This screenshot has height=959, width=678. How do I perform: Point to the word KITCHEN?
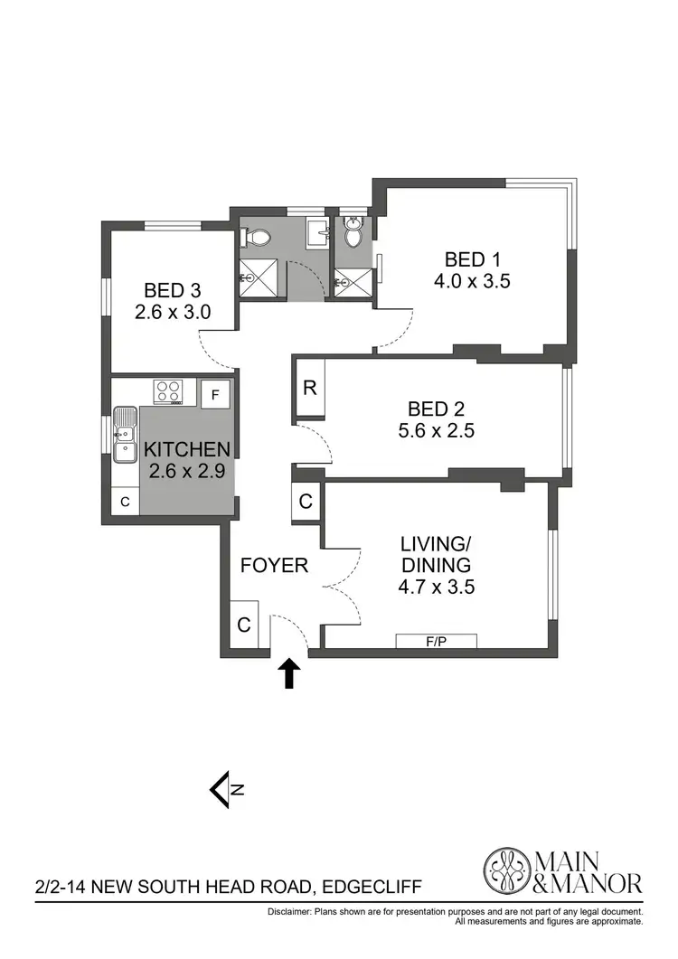(188, 448)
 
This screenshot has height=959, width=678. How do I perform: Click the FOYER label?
(274, 566)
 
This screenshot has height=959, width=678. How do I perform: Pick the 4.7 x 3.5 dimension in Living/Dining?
(438, 587)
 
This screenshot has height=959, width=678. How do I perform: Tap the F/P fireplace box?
(437, 642)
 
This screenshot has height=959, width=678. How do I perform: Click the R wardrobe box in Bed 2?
(309, 389)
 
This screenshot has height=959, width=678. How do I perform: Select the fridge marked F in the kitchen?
(215, 394)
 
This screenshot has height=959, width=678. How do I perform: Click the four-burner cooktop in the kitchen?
(167, 391)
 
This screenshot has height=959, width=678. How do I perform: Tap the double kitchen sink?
(125, 435)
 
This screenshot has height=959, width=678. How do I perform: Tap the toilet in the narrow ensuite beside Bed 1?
(353, 234)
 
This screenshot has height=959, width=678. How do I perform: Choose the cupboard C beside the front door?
(244, 624)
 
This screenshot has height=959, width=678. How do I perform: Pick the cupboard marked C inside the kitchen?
(126, 501)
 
